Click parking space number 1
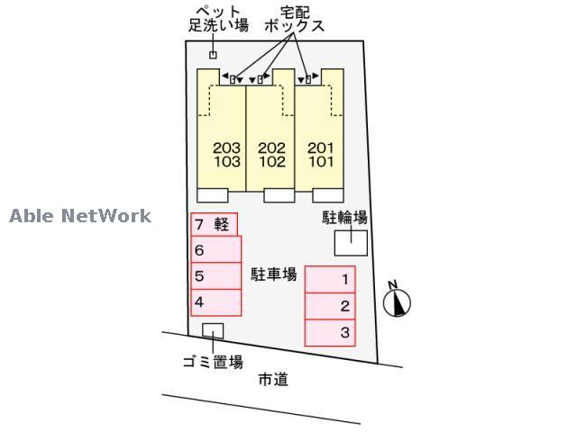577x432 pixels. pyautogui.click(x=330, y=280)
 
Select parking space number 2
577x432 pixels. pyautogui.click(x=330, y=306)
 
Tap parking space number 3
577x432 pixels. pyautogui.click(x=330, y=332)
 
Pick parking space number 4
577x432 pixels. pyautogui.click(x=215, y=302)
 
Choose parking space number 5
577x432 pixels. pyautogui.click(x=215, y=276)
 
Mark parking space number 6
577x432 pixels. pyautogui.click(x=215, y=250)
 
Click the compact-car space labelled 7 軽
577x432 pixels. pyautogui.click(x=214, y=224)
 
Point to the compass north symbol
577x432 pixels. pyautogui.click(x=396, y=301)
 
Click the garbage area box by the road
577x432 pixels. pyautogui.click(x=213, y=330)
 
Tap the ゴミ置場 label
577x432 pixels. pyautogui.click(x=213, y=363)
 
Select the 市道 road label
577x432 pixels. pyautogui.click(x=272, y=380)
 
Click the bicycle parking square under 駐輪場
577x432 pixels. pyautogui.click(x=351, y=242)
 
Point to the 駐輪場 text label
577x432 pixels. pyautogui.click(x=345, y=218)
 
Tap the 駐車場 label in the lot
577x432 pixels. pyautogui.click(x=274, y=274)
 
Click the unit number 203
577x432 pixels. pyautogui.click(x=227, y=148)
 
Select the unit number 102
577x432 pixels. pyautogui.click(x=271, y=163)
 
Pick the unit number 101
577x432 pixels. pyautogui.click(x=320, y=163)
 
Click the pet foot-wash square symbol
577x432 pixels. pyautogui.click(x=214, y=56)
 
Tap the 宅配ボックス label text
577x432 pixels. pyautogui.click(x=294, y=20)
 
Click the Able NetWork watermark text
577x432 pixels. pyautogui.click(x=80, y=216)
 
